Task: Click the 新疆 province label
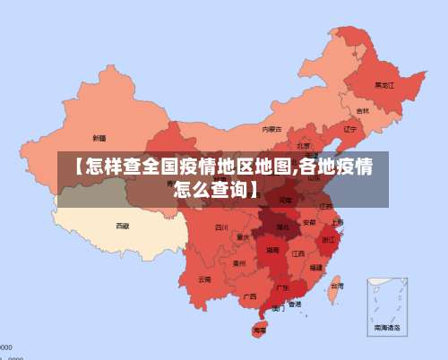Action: tap(99, 138)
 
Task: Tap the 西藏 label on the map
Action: tap(122, 226)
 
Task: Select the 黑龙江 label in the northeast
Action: tap(384, 85)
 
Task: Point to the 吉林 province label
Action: tap(362, 111)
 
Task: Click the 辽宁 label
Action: tap(349, 129)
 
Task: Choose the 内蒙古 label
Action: tap(271, 129)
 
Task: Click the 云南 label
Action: tap(205, 279)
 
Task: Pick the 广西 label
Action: tap(250, 296)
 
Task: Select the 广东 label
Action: tap(282, 287)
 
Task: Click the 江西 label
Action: tap(298, 253)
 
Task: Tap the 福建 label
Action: tap(316, 267)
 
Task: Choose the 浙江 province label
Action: tap(330, 239)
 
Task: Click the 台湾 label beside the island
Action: tap(336, 287)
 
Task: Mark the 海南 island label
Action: tap(260, 330)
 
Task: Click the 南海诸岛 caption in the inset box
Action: tap(387, 329)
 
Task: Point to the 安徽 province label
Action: tap(309, 221)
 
